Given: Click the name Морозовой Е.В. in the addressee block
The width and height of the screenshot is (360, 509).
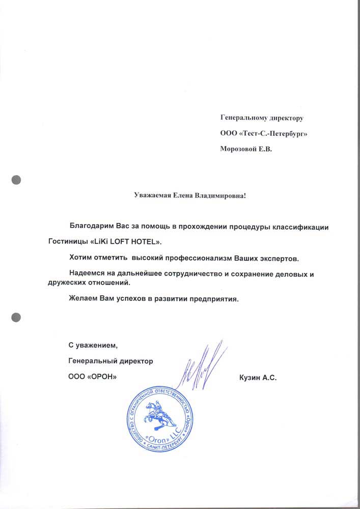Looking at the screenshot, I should pyautogui.click(x=245, y=149).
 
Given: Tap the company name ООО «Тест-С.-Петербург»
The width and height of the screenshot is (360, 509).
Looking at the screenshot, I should pyautogui.click(x=264, y=133).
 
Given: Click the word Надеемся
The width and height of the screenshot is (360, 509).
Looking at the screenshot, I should pyautogui.click(x=88, y=274).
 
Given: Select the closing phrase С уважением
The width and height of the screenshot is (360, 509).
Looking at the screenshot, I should pyautogui.click(x=93, y=346).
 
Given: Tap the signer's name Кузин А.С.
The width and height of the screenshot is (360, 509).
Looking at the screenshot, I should pyautogui.click(x=257, y=378).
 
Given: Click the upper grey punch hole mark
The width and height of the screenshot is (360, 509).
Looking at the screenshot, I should pyautogui.click(x=16, y=179).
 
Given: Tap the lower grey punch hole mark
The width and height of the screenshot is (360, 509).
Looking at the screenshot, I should pyautogui.click(x=16, y=316).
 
